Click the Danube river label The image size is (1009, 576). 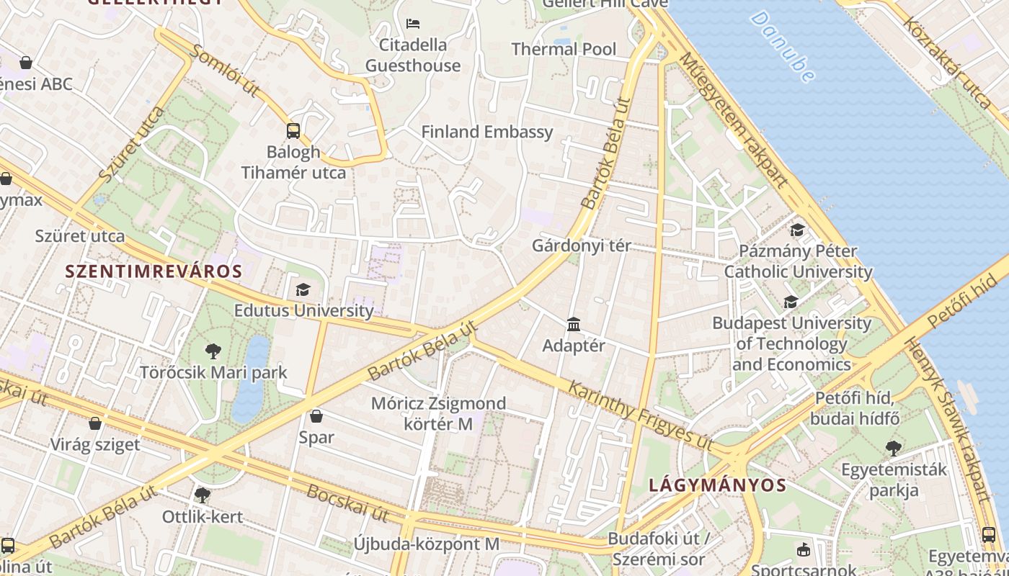coord(783,46)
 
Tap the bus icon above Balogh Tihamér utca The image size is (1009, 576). coord(293,130)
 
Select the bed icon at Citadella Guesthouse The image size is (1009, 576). coord(413,24)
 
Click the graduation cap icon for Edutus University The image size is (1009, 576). coord(303,289)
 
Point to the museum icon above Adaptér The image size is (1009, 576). coord(574,325)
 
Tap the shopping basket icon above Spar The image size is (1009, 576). coord(316,416)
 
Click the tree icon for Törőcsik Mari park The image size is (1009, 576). coord(213,351)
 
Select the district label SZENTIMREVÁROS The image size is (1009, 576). coord(154,271)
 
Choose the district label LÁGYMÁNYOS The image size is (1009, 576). coord(717,485)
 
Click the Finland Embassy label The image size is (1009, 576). coord(487,132)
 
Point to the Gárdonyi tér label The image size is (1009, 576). coord(581,246)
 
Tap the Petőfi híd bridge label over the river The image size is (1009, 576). coord(966,294)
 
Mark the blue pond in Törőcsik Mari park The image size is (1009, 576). coord(250,379)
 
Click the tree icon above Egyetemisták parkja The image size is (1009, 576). coord(894,448)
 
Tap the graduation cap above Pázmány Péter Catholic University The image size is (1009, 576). coord(797,230)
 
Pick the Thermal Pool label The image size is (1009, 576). coord(564,49)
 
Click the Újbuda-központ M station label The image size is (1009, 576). coord(426,544)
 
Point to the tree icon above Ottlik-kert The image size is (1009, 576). coord(202,495)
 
